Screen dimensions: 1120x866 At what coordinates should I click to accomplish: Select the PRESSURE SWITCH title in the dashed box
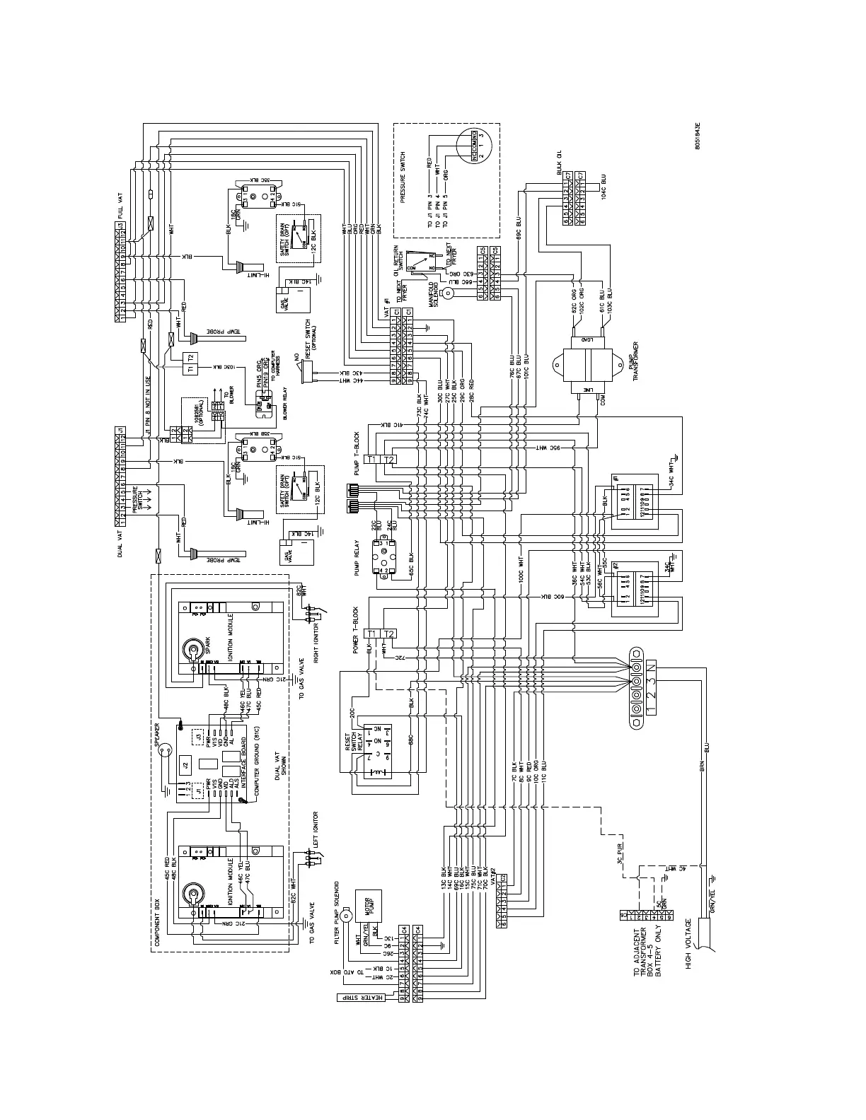click(x=403, y=177)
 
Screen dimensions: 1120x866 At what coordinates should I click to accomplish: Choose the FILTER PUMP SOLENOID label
click(x=337, y=902)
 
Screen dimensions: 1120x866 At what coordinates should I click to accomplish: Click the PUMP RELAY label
click(x=357, y=559)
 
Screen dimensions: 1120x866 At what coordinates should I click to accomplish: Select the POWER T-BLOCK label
click(x=356, y=629)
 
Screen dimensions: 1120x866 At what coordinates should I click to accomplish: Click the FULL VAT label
click(x=120, y=206)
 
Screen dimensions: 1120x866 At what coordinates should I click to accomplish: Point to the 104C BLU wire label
click(x=604, y=186)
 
